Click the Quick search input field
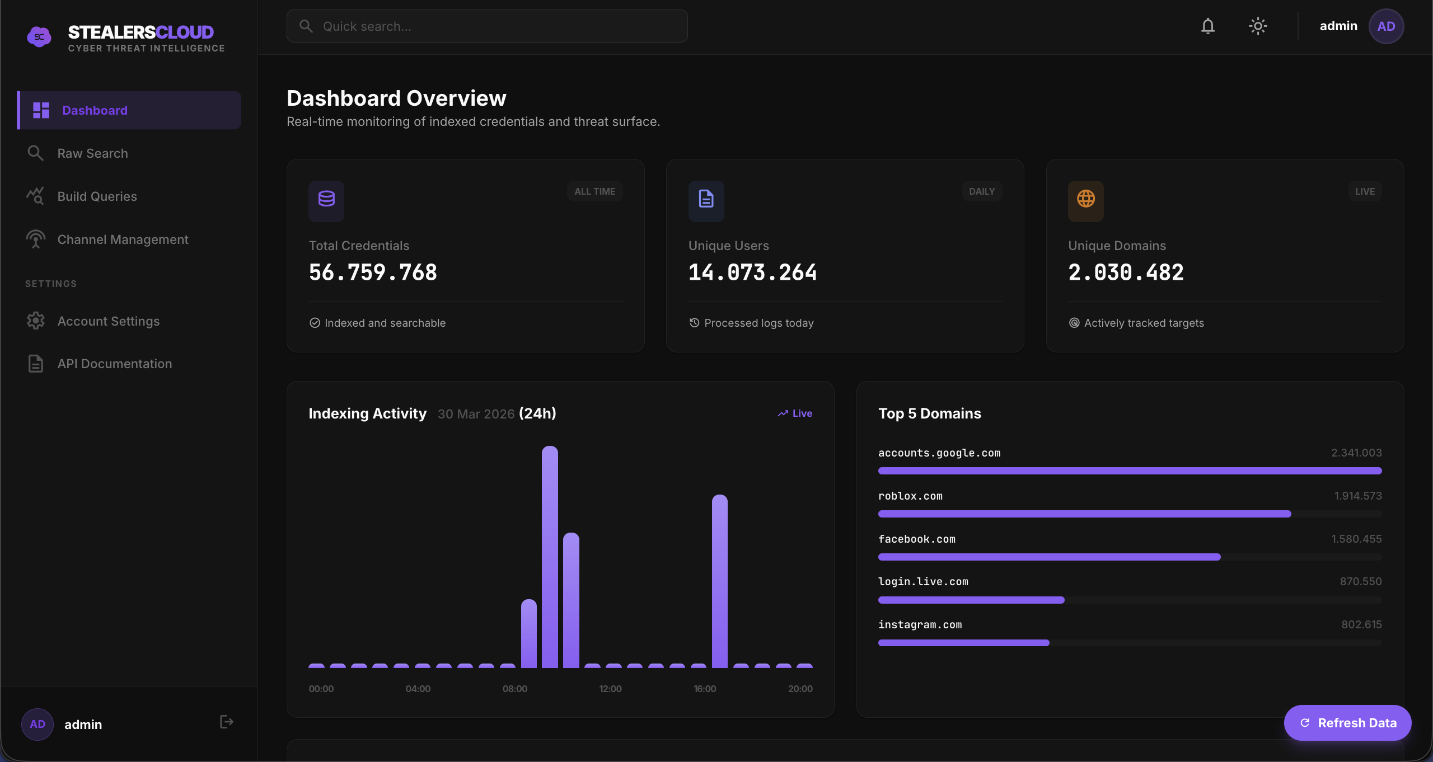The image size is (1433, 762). coord(487,26)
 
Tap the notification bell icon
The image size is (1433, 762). coord(1207,26)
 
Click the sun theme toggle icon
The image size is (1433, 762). coord(1258,26)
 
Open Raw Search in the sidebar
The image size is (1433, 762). coord(92,153)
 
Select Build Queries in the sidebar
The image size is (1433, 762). coord(97,196)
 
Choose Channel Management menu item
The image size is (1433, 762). coord(123,239)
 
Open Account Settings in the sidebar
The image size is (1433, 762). coord(108,321)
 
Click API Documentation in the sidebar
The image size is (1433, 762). coord(114,364)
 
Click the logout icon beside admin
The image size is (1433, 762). coord(226,722)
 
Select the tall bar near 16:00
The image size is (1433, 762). coord(719,582)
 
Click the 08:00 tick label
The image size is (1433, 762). coord(514,689)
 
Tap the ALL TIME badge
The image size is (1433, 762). coord(594,191)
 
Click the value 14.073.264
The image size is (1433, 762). coord(752,272)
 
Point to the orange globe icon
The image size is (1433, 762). coord(1085,199)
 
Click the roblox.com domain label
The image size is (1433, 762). coord(910,496)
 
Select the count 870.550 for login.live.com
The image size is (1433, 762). coord(1360,582)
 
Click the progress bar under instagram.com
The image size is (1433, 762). coord(963,643)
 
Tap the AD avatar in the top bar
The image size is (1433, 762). coord(1385,26)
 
